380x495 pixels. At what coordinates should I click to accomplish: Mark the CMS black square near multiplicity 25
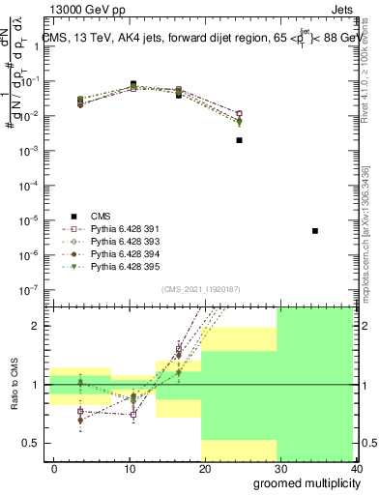point(239,140)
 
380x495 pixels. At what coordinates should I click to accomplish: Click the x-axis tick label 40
point(358,468)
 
